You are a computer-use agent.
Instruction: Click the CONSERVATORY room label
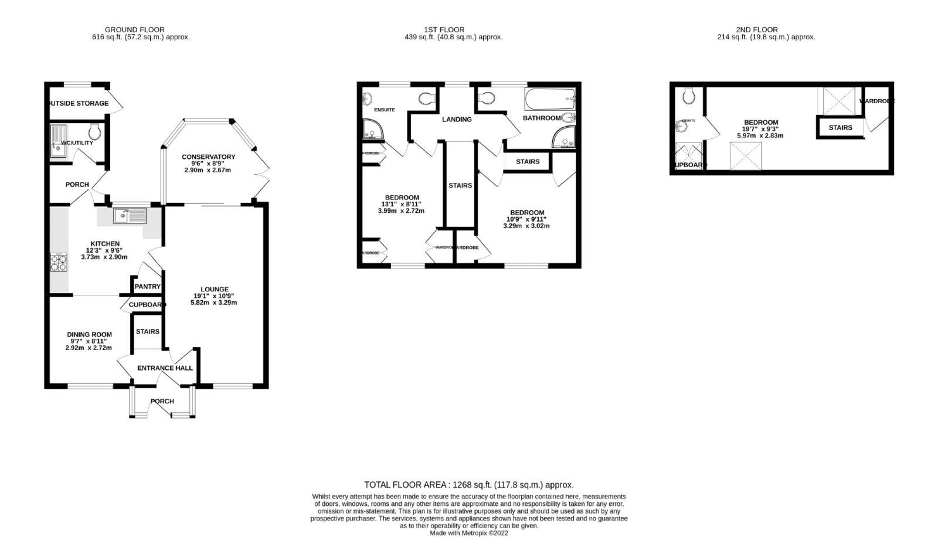click(208, 157)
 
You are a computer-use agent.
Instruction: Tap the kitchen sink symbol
click(130, 216)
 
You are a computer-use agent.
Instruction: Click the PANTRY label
click(147, 287)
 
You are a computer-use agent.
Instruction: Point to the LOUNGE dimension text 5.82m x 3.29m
click(213, 303)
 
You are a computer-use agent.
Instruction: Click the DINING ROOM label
click(89, 334)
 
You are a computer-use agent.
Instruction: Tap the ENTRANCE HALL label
click(165, 368)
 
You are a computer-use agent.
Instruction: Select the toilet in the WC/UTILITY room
click(94, 130)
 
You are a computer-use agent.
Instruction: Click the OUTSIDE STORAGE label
click(79, 103)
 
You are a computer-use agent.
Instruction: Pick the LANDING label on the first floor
click(457, 119)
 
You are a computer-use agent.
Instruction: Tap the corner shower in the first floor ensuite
click(371, 130)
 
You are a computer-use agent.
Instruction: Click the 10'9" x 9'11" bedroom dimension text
click(526, 219)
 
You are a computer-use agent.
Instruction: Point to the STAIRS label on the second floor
click(840, 127)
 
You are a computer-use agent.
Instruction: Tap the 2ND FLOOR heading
click(756, 29)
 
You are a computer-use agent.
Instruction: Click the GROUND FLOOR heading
click(134, 29)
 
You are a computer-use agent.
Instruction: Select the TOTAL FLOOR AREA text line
click(468, 485)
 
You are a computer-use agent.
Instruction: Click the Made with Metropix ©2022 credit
click(468, 533)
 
